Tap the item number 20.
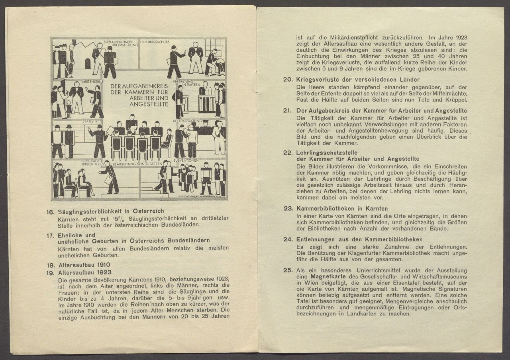click(x=288, y=79)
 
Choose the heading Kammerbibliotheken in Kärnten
click(x=342, y=209)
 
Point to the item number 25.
click(x=288, y=270)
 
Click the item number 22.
click(x=288, y=153)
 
